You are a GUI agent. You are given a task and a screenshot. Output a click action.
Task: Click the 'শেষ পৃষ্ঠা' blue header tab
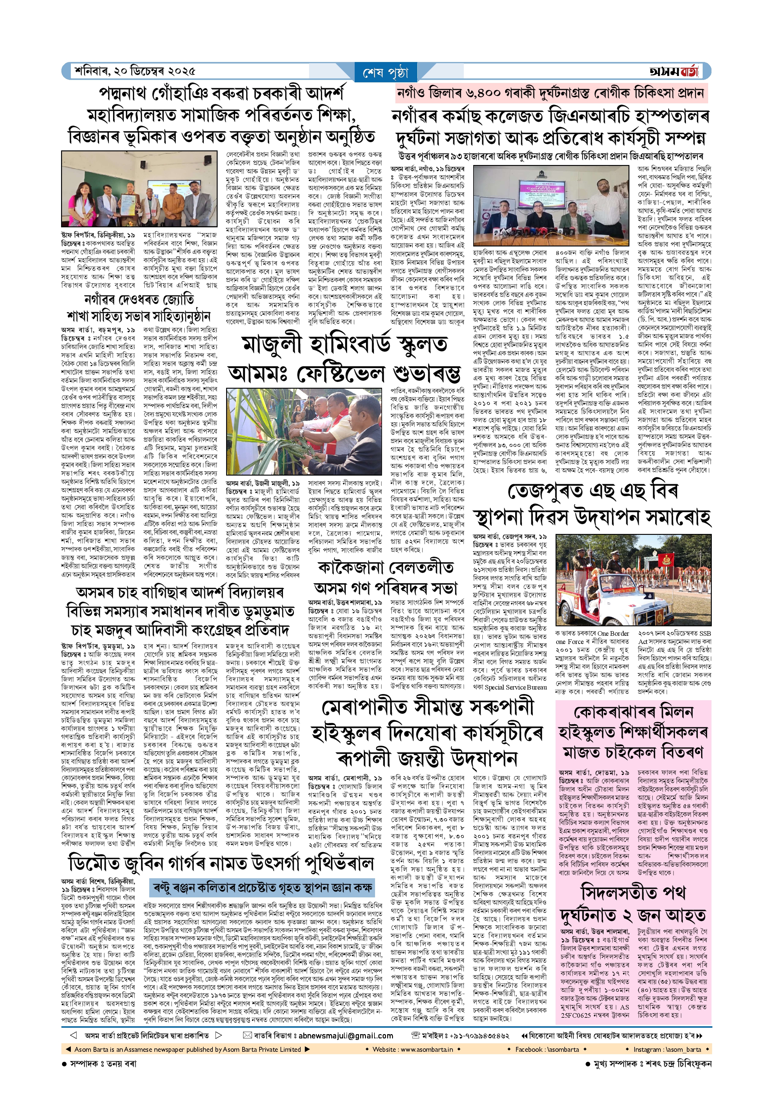pyautogui.click(x=386, y=73)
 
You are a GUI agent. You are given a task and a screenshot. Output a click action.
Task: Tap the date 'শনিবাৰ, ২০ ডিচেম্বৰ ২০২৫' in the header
pyautogui.click(x=135, y=71)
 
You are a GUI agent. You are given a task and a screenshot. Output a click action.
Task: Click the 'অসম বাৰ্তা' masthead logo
pyautogui.click(x=673, y=71)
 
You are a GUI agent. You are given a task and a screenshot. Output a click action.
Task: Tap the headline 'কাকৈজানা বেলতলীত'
pyautogui.click(x=386, y=568)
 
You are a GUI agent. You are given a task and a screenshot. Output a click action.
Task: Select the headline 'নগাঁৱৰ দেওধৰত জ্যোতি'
pyautogui.click(x=139, y=300)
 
